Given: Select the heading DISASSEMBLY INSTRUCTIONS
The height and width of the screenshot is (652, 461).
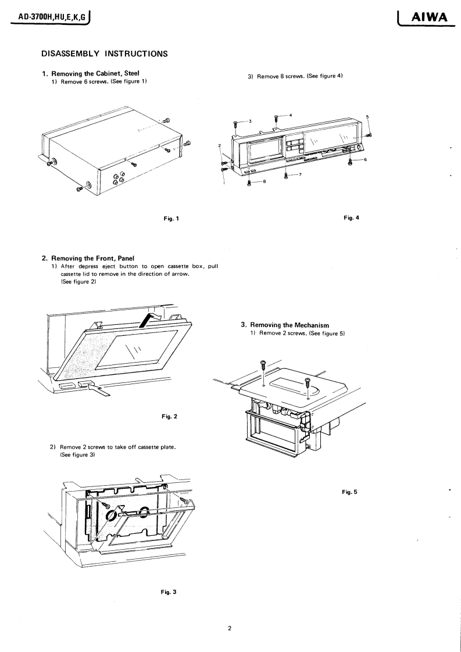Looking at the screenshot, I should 105,54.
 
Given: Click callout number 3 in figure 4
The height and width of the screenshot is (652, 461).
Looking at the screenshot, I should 249,121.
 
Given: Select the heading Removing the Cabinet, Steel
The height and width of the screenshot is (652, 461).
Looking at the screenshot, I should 99,73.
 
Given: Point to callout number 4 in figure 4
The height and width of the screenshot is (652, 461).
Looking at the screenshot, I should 290,114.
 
